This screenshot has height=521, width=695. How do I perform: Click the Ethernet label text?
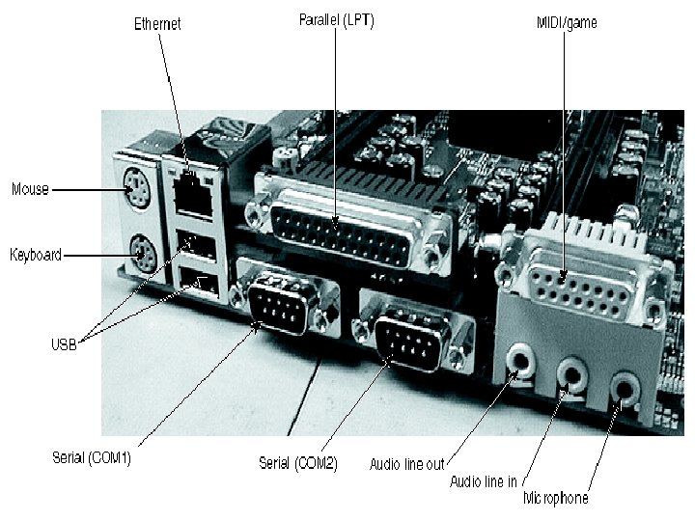coord(157,23)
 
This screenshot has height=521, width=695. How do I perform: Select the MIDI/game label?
coord(567,22)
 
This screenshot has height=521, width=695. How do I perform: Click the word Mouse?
coord(30,189)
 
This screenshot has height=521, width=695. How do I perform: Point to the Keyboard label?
coord(36,255)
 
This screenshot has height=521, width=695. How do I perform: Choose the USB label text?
coord(64,344)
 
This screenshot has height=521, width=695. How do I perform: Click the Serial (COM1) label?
coord(92,458)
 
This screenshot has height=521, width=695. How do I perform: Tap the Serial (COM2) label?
coord(297,463)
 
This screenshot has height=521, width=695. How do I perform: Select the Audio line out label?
coord(407,464)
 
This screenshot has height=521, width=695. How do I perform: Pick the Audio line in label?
coord(484,480)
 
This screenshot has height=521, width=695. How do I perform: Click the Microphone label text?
coord(555,499)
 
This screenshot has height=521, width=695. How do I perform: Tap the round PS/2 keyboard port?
coord(141,255)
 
